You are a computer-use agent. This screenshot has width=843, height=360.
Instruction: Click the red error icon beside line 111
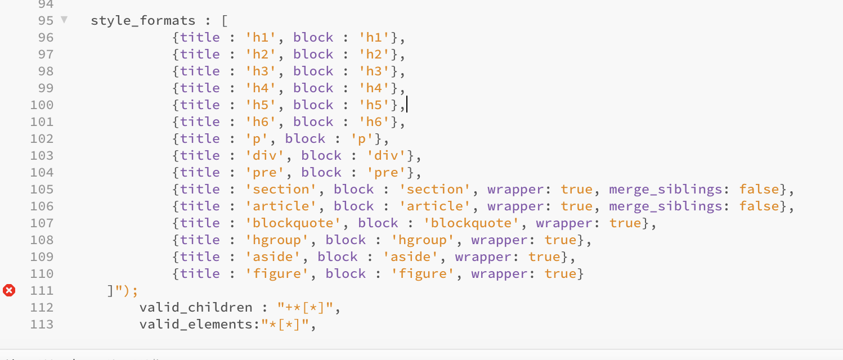pyautogui.click(x=9, y=290)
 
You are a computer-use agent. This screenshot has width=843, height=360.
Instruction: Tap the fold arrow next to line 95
pyautogui.click(x=64, y=20)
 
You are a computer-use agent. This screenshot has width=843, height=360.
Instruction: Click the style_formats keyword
pyautogui.click(x=143, y=21)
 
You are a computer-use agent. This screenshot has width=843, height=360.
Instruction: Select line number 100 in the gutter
pyautogui.click(x=42, y=105)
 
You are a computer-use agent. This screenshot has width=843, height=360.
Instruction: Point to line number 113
pyautogui.click(x=42, y=324)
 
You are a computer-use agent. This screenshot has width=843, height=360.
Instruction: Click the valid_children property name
pyautogui.click(x=196, y=308)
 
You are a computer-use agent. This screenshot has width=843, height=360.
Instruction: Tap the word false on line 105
pyautogui.click(x=759, y=189)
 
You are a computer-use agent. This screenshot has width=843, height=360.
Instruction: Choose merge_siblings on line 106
pyautogui.click(x=665, y=206)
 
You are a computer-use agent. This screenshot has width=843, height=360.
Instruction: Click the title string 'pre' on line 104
pyautogui.click(x=264, y=173)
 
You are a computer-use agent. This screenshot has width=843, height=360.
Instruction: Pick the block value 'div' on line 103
pyautogui.click(x=386, y=156)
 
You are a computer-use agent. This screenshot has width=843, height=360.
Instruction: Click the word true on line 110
pyautogui.click(x=560, y=274)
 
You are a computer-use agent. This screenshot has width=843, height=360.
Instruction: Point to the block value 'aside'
pyautogui.click(x=411, y=257)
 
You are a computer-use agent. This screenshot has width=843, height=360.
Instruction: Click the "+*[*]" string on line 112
pyautogui.click(x=305, y=308)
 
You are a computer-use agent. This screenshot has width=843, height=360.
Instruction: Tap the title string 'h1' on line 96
pyautogui.click(x=261, y=38)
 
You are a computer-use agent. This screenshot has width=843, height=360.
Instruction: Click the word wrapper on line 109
pyautogui.click(x=483, y=257)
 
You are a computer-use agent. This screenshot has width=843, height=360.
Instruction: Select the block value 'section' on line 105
pyautogui.click(x=434, y=189)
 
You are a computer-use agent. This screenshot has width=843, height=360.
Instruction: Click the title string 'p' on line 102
pyautogui.click(x=256, y=139)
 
